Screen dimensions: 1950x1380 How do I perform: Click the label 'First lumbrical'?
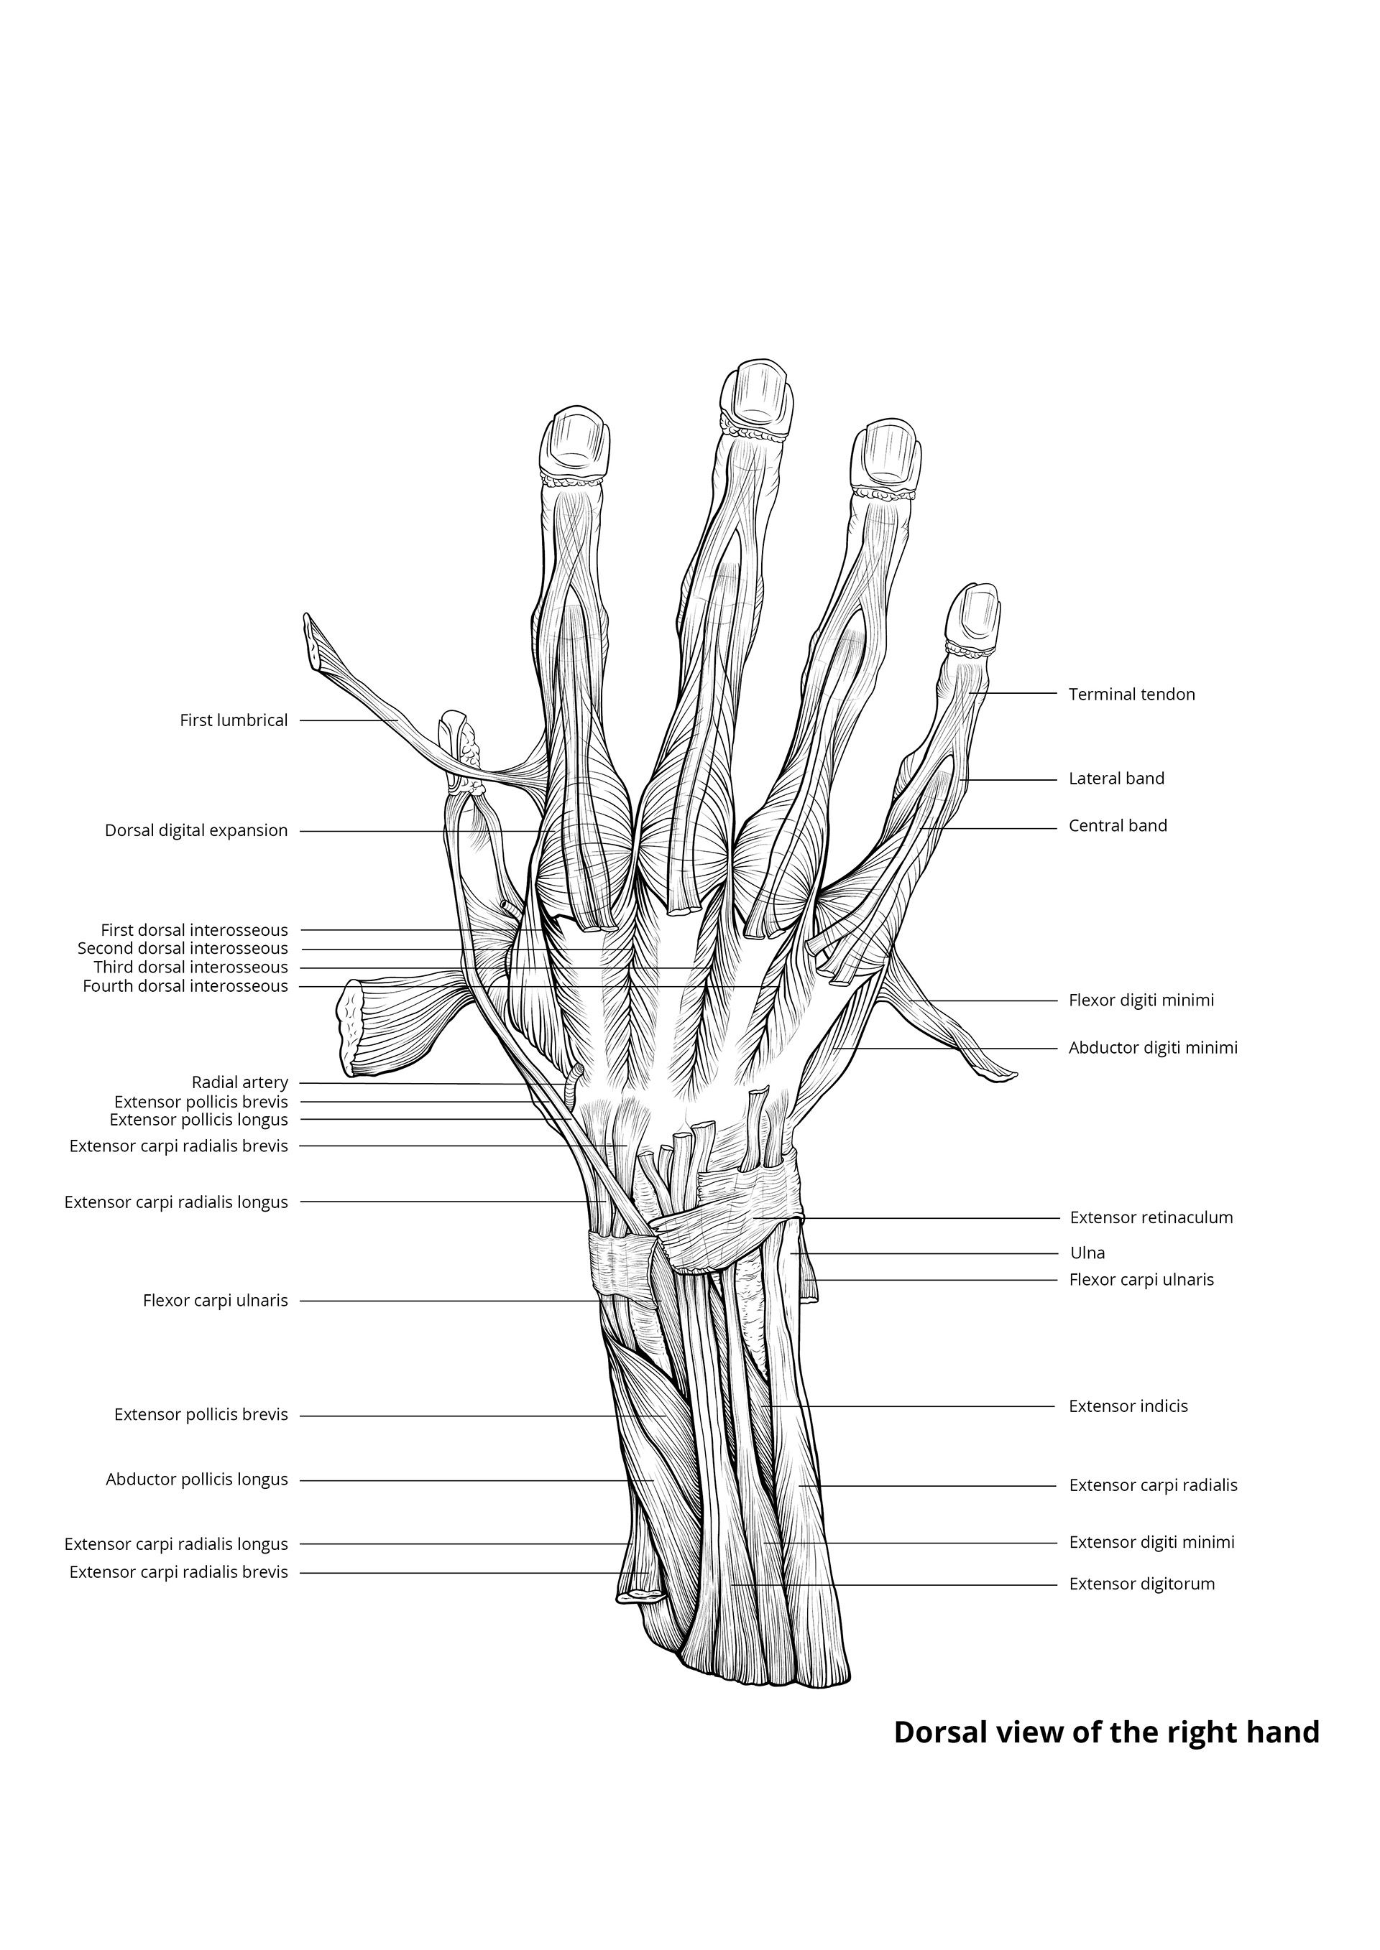pos(234,720)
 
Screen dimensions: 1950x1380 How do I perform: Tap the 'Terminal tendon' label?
pos(1131,694)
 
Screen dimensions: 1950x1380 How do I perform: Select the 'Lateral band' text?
pos(1115,778)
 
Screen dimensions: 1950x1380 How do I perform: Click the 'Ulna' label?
pos(1087,1253)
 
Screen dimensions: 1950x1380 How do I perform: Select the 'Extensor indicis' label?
pos(1128,1406)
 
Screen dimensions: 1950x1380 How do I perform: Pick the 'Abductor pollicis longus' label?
pos(197,1479)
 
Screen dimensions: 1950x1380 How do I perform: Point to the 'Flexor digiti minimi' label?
pos(1141,1000)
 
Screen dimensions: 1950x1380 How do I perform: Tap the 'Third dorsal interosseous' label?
pos(190,967)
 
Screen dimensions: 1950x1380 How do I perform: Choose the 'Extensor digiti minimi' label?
pos(1151,1541)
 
